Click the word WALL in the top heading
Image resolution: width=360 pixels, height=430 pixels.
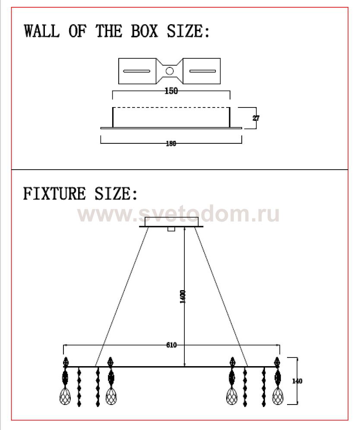click(41, 31)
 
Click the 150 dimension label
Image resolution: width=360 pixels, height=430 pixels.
click(171, 91)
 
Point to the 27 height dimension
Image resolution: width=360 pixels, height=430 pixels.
click(256, 117)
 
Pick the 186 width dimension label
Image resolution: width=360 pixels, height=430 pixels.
click(171, 144)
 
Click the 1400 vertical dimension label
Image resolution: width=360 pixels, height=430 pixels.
click(183, 297)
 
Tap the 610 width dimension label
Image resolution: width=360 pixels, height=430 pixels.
click(171, 345)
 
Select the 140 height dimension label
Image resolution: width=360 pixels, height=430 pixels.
click(297, 381)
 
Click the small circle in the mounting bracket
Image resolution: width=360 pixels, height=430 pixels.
click(170, 71)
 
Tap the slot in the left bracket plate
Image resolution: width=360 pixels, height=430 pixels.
click(137, 70)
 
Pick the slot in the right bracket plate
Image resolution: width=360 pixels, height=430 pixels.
click(202, 70)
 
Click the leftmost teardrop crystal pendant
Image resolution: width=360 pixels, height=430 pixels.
click(65, 396)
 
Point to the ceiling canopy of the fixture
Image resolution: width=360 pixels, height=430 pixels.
click(171, 221)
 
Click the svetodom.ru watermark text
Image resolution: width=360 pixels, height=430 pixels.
click(179, 214)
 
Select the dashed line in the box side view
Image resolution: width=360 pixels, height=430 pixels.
click(171, 107)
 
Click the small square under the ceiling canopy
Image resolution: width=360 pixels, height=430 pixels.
click(171, 229)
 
